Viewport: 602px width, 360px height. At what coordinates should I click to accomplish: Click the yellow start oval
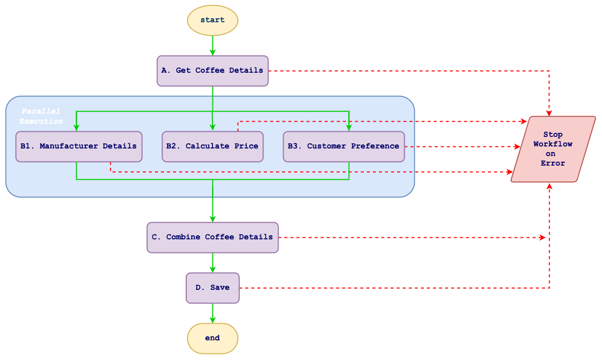point(212,20)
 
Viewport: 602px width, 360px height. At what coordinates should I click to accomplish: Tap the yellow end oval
point(212,338)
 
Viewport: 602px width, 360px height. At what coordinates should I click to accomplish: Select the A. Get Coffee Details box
point(212,71)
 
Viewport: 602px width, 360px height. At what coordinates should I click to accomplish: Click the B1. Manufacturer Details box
point(79,146)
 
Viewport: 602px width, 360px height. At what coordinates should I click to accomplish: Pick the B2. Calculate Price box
point(212,146)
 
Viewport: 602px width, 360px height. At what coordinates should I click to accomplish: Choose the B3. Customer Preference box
point(344,146)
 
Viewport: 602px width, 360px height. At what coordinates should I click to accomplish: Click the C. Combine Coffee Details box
point(212,237)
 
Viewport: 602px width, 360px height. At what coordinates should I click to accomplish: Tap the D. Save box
point(212,288)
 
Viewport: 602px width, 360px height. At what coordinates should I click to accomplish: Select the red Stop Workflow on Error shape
point(553,149)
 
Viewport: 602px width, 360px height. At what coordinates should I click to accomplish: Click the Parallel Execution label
point(41,116)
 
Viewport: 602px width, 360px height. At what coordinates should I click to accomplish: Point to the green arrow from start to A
point(212,45)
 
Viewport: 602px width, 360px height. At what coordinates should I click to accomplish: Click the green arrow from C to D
point(212,263)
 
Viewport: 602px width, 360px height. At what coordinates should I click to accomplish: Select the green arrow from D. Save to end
point(212,313)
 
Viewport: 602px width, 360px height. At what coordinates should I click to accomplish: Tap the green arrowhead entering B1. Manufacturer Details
point(76,128)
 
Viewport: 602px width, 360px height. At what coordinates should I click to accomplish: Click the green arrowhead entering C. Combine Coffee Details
point(212,218)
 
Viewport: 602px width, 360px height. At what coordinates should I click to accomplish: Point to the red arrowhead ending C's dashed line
point(542,237)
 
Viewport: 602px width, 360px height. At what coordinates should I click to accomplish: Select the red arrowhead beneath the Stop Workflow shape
point(549,186)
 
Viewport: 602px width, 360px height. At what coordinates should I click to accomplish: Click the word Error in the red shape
point(553,163)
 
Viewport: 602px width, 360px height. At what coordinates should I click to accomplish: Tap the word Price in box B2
point(246,146)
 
